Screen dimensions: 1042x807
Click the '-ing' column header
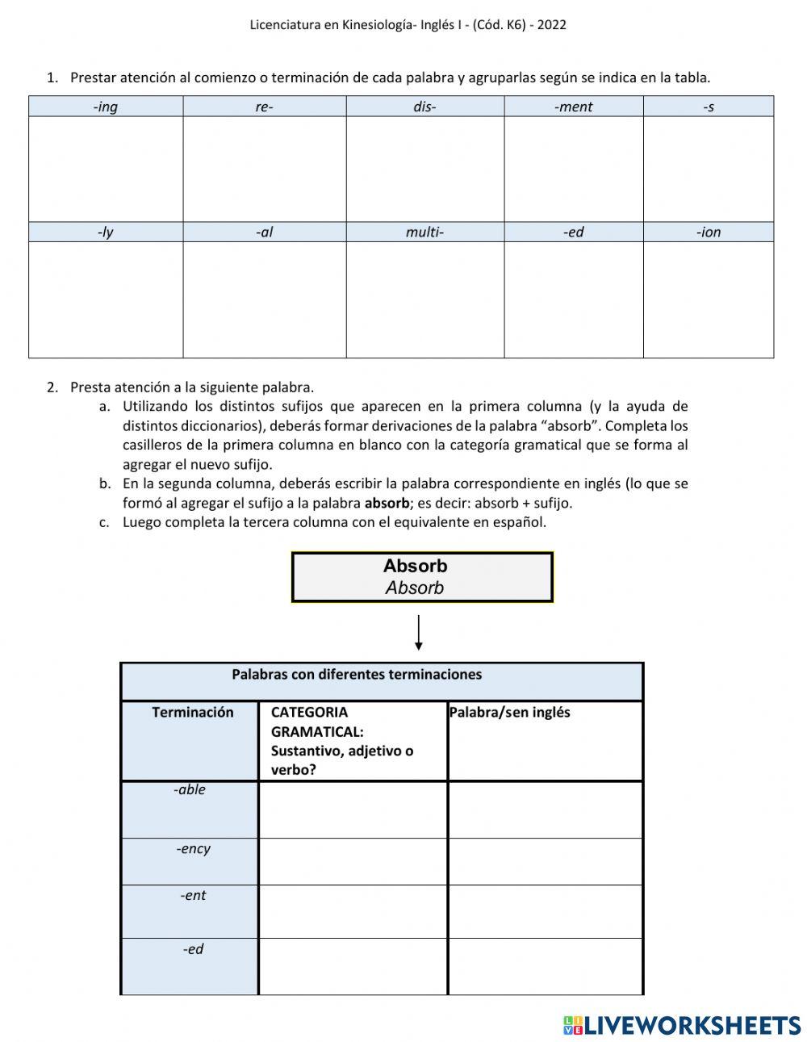point(106,107)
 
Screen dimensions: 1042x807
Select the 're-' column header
point(264,107)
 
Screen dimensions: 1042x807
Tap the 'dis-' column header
point(424,107)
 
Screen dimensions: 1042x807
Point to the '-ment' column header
point(573,107)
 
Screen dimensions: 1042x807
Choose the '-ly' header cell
point(106,232)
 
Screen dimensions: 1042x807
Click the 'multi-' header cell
point(424,232)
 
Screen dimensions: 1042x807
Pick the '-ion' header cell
point(708,232)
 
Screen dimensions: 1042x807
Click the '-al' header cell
point(264,232)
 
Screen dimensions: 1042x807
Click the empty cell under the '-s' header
point(708,169)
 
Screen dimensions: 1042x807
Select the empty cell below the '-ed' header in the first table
point(573,299)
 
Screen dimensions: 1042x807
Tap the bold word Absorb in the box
point(415,566)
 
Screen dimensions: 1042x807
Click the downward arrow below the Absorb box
point(418,633)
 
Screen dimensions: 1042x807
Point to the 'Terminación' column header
point(192,713)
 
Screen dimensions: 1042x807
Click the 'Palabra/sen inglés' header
point(509,713)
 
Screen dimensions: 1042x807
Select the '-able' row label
point(190,790)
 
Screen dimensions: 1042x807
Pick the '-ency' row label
point(193,849)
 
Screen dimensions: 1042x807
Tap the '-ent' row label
point(193,896)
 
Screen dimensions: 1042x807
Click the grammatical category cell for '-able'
point(353,810)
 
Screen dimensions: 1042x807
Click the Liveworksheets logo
point(682,1025)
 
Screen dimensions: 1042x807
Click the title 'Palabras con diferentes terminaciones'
point(357,675)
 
